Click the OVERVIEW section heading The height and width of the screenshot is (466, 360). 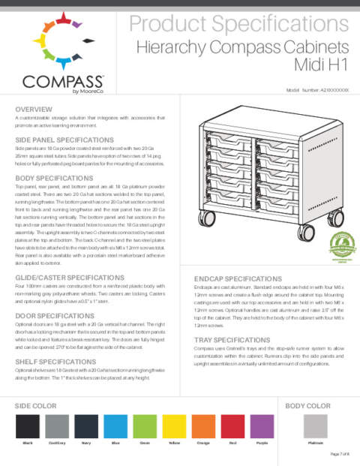(33, 110)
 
